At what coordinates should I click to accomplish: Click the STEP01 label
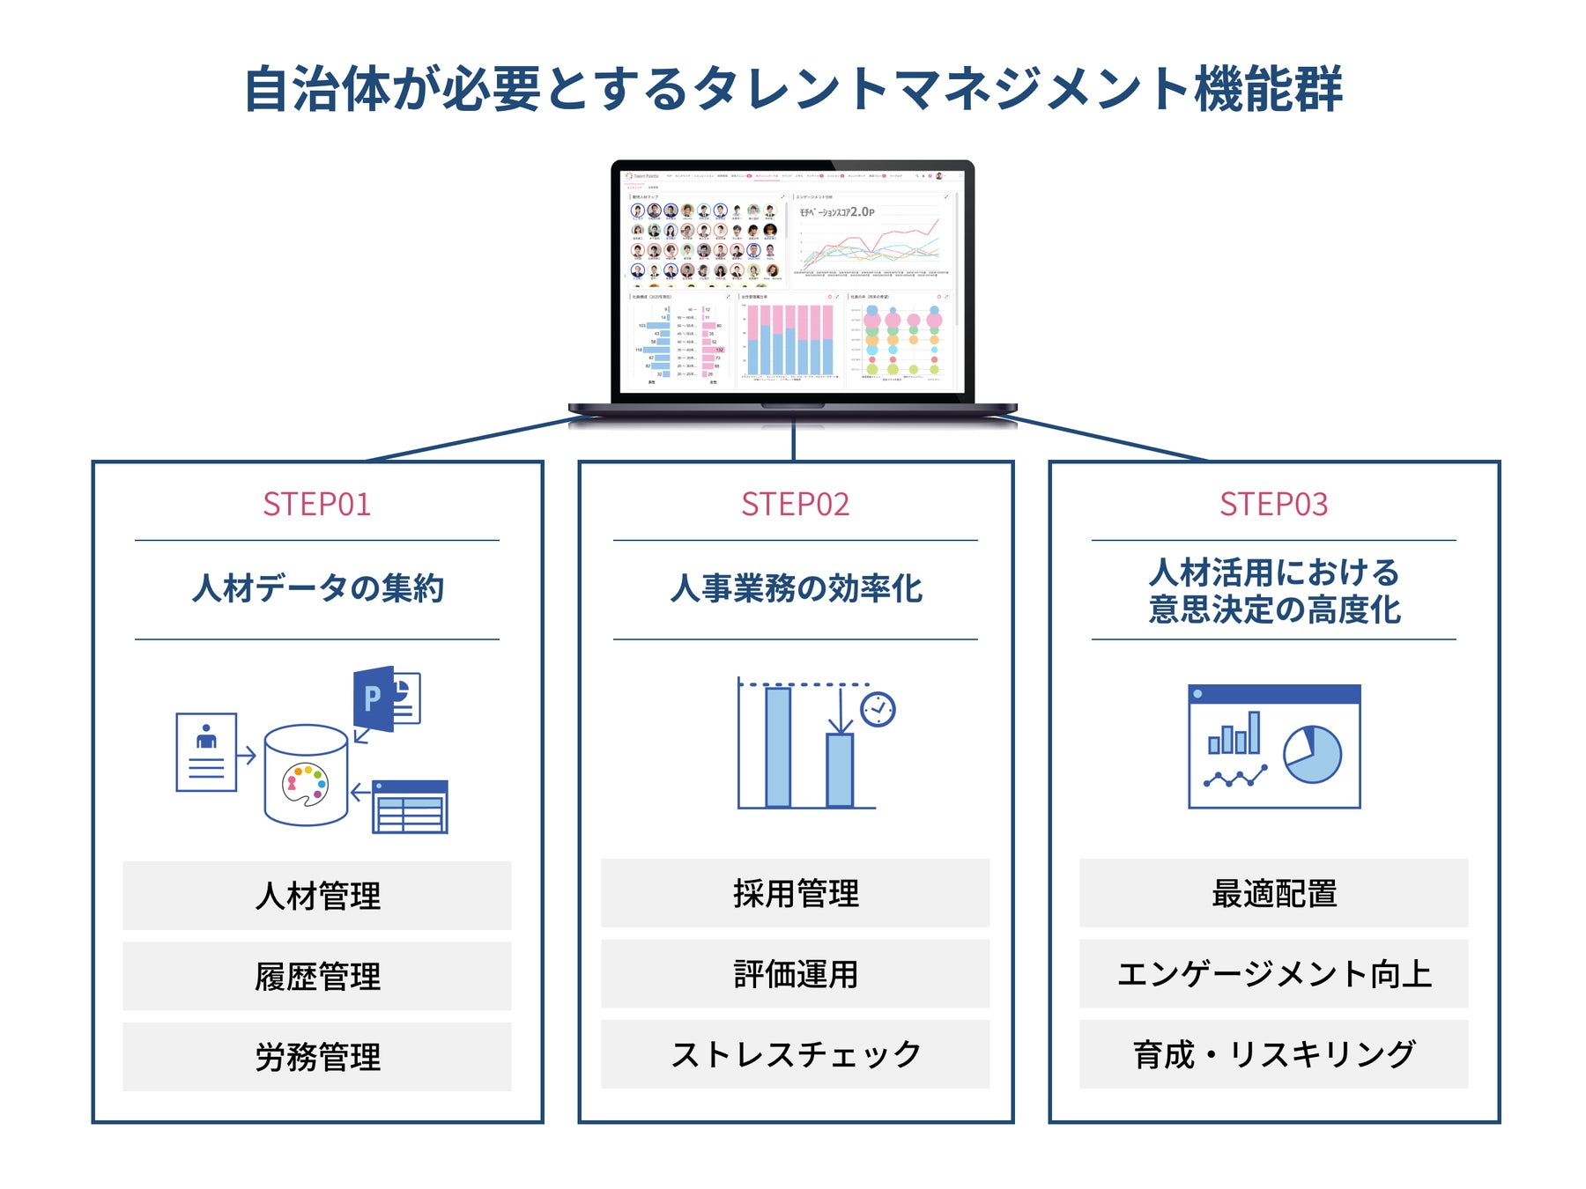tap(317, 505)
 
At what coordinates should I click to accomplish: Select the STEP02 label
tap(795, 505)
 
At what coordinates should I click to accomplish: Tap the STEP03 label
tap(1273, 505)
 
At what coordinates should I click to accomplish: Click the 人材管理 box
tap(317, 896)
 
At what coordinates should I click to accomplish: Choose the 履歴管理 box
tap(317, 976)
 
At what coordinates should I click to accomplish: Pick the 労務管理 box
tap(317, 1057)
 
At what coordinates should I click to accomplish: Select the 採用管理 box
tap(795, 893)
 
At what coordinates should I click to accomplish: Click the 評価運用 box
tap(795, 974)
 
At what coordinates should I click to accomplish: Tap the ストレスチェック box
tap(795, 1054)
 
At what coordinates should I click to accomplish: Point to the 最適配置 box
tap(1273, 893)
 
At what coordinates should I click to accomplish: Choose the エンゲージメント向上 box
tap(1273, 974)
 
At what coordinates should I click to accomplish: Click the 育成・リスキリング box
tap(1273, 1054)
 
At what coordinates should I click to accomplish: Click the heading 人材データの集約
tap(317, 588)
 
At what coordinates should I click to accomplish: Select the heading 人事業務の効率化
tap(795, 588)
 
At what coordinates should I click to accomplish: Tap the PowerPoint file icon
tap(385, 700)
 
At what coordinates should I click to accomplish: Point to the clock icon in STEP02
tap(878, 709)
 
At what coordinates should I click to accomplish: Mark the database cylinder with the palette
tap(306, 775)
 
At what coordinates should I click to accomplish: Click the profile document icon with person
tap(206, 752)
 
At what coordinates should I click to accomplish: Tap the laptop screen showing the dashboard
tap(792, 280)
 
